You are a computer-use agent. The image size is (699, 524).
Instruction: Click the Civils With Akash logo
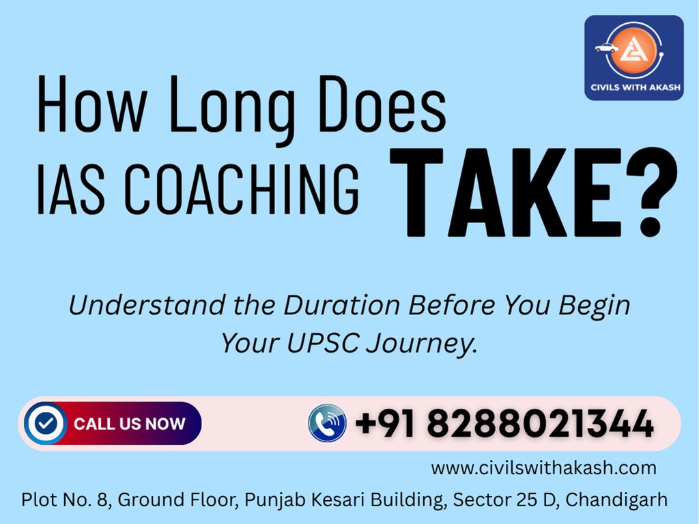(x=633, y=58)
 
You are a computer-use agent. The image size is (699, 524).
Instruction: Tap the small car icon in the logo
(x=605, y=48)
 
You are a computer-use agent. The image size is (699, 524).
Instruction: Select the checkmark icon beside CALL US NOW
(x=46, y=424)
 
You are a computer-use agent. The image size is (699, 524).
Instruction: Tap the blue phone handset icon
(x=327, y=423)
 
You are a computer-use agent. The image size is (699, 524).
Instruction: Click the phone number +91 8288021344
(x=504, y=424)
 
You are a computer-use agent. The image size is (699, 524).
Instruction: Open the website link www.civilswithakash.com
(x=543, y=468)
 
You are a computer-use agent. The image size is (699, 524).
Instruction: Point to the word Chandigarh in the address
(x=616, y=500)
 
